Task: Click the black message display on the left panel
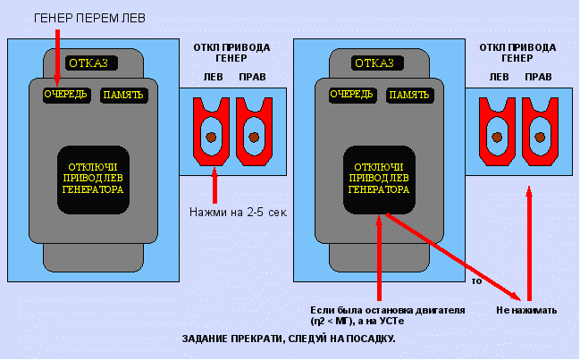(x=95, y=178)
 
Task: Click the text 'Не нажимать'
(x=526, y=311)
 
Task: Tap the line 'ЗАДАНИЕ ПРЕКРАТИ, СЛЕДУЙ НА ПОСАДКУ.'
(x=288, y=339)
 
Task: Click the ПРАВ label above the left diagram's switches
(x=252, y=77)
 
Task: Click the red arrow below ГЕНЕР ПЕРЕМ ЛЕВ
(x=56, y=58)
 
